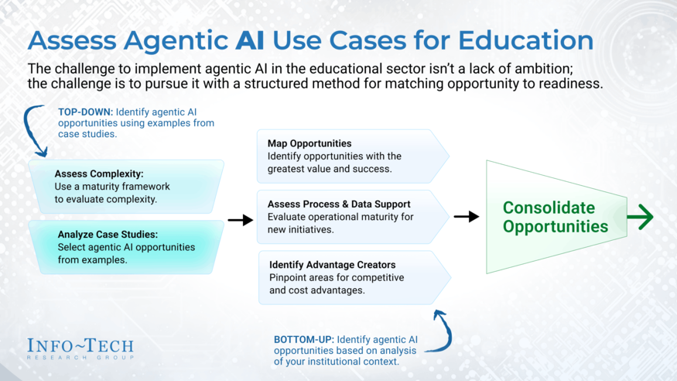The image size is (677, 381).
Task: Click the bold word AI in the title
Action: [250, 40]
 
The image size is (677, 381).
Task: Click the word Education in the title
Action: [525, 40]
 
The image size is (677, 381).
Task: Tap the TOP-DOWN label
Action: [85, 112]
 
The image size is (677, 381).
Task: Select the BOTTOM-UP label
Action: [303, 339]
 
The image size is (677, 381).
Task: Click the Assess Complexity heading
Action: [99, 173]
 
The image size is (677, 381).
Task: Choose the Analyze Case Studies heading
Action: [108, 234]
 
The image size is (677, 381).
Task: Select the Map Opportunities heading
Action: [309, 143]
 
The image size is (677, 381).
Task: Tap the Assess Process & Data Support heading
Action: [339, 204]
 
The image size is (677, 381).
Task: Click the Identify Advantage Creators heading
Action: [333, 264]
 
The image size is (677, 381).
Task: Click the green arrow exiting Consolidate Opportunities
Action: [641, 216]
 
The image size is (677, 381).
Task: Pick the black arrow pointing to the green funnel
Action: [467, 216]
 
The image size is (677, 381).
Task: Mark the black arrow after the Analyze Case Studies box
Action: [241, 220]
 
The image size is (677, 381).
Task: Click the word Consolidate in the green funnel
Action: [549, 208]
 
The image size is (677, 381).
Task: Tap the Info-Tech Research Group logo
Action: [80, 348]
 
